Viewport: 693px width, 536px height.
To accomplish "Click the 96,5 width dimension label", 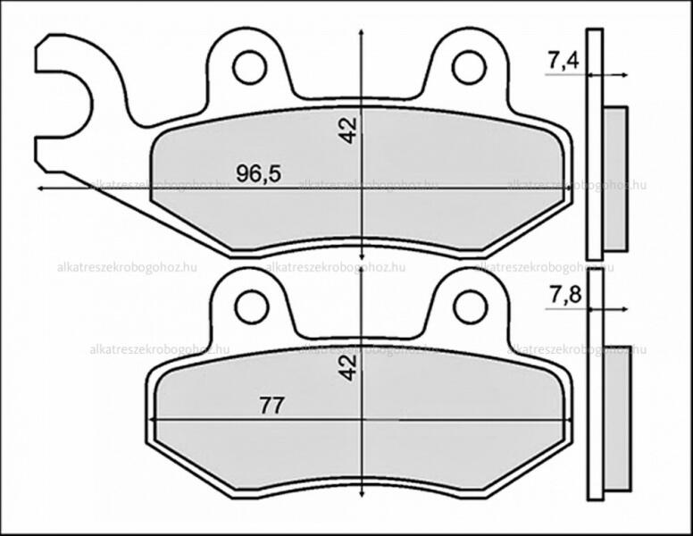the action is point(259,173).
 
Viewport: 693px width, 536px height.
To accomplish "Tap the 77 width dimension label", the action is point(271,406).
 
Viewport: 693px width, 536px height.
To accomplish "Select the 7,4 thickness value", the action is point(563,61).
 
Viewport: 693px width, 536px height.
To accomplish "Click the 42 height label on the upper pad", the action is point(348,131).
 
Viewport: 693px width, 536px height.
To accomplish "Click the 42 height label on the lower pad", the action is point(348,367).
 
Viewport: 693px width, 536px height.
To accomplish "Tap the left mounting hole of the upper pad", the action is point(250,67).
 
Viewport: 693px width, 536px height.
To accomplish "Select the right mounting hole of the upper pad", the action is point(469,67).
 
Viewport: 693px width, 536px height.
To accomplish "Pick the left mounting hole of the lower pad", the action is point(252,307).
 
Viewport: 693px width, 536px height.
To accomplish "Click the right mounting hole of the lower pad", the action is point(471,307).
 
